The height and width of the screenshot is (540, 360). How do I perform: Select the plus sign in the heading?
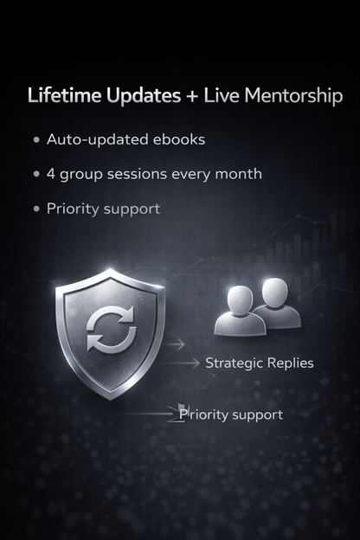click(190, 96)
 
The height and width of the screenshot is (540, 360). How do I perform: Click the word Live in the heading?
click(219, 95)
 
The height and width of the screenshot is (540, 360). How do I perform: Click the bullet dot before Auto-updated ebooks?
click(36, 139)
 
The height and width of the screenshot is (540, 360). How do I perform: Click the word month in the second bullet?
click(240, 174)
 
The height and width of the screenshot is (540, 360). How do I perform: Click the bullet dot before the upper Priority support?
click(36, 209)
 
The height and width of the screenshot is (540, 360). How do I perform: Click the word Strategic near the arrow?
click(234, 363)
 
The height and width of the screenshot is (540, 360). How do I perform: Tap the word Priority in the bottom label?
click(204, 415)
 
